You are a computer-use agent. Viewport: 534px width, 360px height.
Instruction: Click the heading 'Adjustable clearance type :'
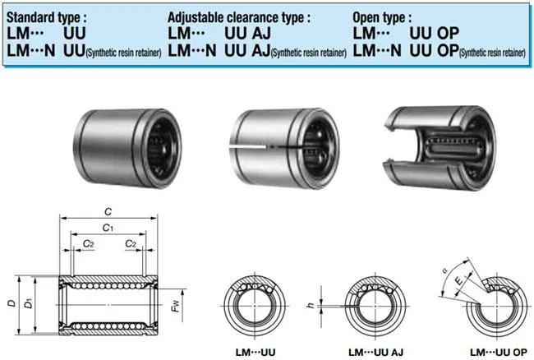pos(239,16)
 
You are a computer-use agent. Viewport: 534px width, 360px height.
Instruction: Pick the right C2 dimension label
pos(131,244)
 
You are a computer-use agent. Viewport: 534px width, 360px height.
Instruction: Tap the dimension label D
pos(9,303)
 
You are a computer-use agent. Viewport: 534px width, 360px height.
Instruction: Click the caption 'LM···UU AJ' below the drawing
pos(377,352)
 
